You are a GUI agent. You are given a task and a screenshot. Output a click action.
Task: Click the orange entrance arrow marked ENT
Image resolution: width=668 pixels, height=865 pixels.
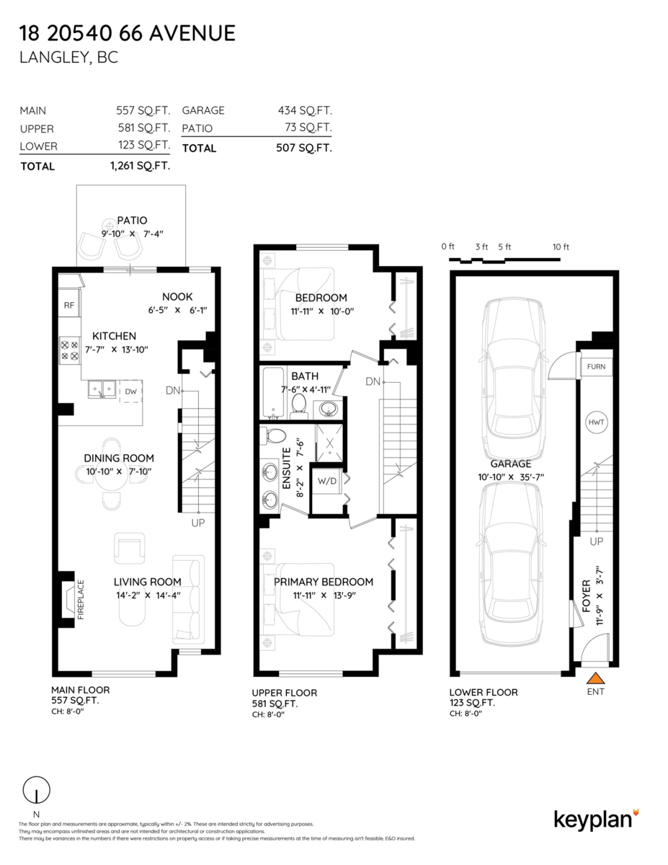(595, 678)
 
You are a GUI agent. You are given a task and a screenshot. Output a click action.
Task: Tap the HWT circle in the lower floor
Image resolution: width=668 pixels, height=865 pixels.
(596, 422)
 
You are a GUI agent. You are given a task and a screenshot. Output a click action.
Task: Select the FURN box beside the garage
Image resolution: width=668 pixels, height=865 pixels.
(596, 367)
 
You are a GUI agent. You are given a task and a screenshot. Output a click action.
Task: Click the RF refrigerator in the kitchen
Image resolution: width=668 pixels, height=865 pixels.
(69, 306)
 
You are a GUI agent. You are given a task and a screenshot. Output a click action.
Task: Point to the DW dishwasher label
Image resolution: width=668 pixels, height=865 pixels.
(130, 391)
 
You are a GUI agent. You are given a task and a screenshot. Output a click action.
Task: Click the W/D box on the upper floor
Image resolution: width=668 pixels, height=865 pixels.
(327, 480)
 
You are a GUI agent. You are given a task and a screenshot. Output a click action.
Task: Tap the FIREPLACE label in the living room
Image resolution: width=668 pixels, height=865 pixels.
(81, 599)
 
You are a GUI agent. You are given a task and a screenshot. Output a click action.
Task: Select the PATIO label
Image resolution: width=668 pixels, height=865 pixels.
(132, 221)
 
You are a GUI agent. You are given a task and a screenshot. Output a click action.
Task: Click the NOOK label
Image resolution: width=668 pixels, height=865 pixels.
(177, 296)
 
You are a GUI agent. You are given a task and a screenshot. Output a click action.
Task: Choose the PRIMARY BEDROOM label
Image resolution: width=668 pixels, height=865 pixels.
(324, 582)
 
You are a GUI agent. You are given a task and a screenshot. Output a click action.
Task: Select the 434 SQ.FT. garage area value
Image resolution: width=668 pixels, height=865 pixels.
(305, 110)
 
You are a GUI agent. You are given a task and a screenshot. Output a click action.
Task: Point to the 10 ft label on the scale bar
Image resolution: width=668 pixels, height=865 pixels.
(561, 247)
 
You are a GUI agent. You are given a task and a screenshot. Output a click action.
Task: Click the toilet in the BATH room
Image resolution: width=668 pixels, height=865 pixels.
(299, 406)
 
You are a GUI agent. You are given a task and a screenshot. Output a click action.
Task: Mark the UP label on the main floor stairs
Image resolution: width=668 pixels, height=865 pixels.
(198, 522)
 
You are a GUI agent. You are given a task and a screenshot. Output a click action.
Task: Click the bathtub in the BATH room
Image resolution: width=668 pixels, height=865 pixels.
(275, 393)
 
